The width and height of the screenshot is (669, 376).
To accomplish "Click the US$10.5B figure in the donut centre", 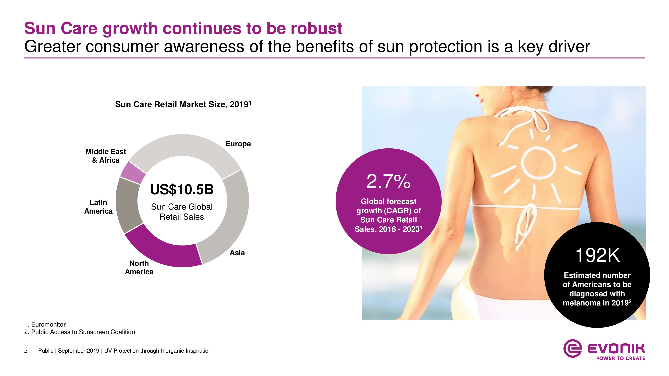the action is click(182, 190).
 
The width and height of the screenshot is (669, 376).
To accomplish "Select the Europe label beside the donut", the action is click(238, 144).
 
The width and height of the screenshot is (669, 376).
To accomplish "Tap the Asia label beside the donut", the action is click(237, 253).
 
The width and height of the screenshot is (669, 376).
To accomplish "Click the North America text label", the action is click(139, 268).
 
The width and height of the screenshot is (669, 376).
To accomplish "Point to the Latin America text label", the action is click(99, 207).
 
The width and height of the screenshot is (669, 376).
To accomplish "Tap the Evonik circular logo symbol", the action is click(572, 348).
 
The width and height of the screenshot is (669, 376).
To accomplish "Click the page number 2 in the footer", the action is click(26, 351).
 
